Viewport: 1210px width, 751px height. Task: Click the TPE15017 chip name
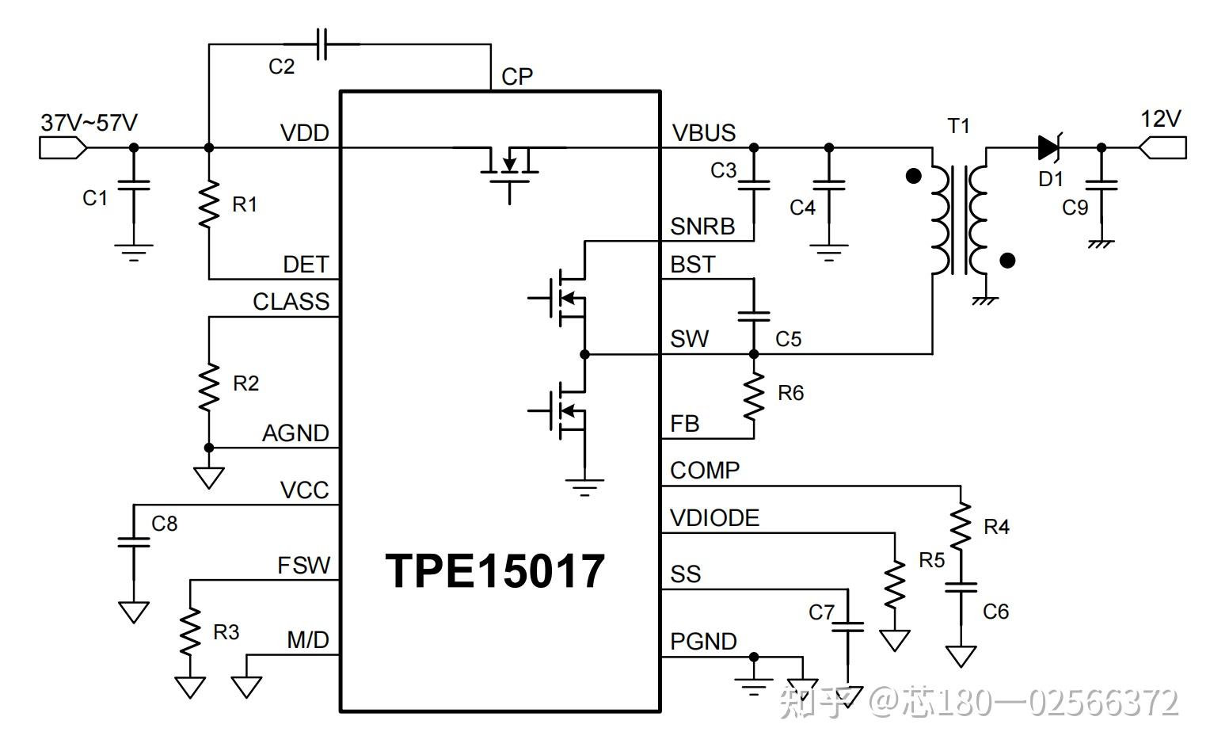(x=495, y=571)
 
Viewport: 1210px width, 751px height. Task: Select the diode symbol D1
(x=1049, y=147)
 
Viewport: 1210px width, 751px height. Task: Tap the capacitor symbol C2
(x=321, y=44)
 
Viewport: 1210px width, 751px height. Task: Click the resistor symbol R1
(x=209, y=204)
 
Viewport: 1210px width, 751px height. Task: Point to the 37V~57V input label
(x=89, y=123)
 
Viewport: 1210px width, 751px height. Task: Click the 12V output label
(x=1160, y=120)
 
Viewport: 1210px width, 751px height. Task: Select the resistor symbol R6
(x=754, y=395)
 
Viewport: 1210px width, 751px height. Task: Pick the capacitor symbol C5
(x=754, y=315)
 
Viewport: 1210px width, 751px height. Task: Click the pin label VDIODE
(x=714, y=518)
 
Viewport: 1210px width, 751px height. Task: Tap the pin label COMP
(x=705, y=471)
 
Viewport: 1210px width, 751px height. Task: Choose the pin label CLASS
(x=291, y=302)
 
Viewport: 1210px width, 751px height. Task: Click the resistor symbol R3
(x=190, y=631)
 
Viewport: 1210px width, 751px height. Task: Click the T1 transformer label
(x=958, y=126)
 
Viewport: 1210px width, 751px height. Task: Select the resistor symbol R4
(x=961, y=527)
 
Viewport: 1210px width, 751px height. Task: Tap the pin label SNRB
(x=702, y=227)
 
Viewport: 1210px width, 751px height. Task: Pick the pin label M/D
(x=307, y=640)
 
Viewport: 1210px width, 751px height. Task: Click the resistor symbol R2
(x=209, y=386)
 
